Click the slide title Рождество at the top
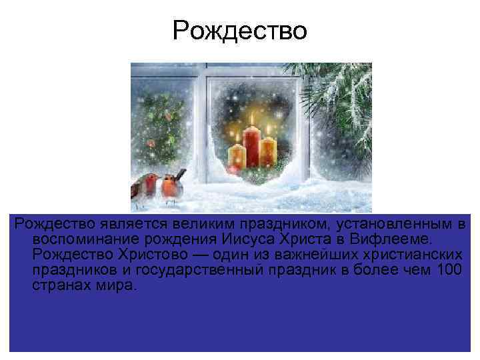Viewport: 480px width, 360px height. (239, 30)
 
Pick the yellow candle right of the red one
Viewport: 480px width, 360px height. (268, 152)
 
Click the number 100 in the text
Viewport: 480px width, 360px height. (446, 271)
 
